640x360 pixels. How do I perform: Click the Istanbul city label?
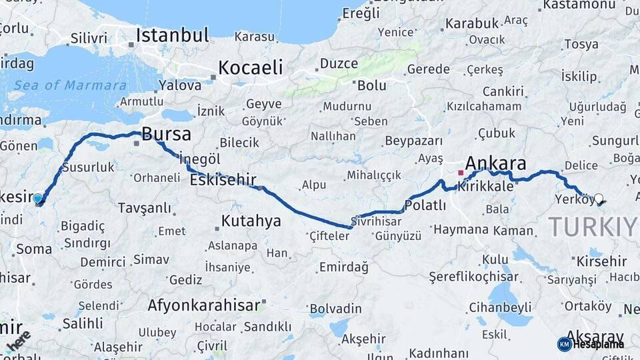click(173, 35)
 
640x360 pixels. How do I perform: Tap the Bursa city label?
click(166, 133)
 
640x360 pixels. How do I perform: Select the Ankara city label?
click(495, 163)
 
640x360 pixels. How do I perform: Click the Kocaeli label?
click(251, 67)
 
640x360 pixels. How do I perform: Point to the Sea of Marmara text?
click(70, 85)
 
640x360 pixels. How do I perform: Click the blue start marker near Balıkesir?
click(37, 199)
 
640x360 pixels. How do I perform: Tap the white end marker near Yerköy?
click(598, 199)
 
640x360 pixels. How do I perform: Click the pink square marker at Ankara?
click(460, 173)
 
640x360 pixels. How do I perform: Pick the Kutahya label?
click(251, 221)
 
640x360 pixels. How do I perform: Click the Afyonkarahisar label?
click(203, 305)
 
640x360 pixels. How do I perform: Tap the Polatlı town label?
click(425, 205)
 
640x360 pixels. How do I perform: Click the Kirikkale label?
click(485, 187)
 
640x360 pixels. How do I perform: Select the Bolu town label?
click(371, 85)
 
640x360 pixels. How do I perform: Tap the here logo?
click(18, 340)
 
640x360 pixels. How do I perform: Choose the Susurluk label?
click(88, 167)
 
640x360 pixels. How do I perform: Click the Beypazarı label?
click(414, 141)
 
